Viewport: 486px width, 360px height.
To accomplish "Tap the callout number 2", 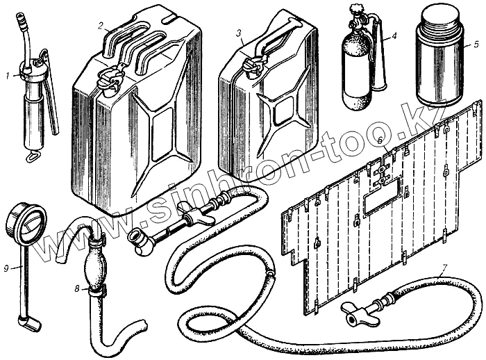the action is tap(101, 26).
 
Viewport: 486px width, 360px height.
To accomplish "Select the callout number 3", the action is tap(239, 33).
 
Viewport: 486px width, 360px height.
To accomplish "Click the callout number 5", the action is tap(476, 43).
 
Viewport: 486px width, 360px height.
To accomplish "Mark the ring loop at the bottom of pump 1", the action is tap(31, 158).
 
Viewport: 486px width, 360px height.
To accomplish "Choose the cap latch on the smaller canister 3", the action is tap(253, 66).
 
